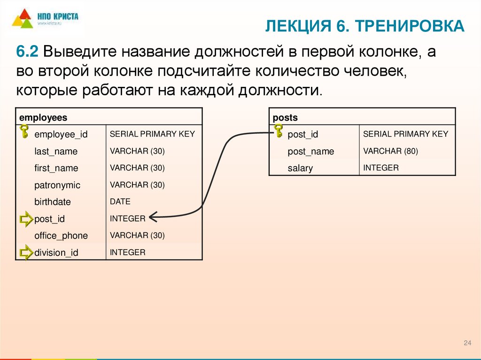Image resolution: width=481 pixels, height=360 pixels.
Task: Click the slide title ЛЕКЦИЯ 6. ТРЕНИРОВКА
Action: pyautogui.click(x=365, y=27)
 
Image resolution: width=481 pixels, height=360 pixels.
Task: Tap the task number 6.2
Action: pyautogui.click(x=28, y=52)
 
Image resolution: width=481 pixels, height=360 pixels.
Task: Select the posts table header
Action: pyautogui.click(x=286, y=117)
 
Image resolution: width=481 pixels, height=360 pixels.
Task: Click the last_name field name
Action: pyautogui.click(x=56, y=151)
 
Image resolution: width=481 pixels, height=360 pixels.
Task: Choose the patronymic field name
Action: pyautogui.click(x=57, y=185)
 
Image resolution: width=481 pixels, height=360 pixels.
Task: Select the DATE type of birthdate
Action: pyautogui.click(x=120, y=201)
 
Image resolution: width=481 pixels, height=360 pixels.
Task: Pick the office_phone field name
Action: pyautogui.click(x=61, y=236)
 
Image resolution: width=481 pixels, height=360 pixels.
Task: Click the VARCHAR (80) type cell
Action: pyautogui.click(x=390, y=151)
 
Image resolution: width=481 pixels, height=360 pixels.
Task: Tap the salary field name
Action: pyautogui.click(x=300, y=168)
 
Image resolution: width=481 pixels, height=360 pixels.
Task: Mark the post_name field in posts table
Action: pyautogui.click(x=310, y=151)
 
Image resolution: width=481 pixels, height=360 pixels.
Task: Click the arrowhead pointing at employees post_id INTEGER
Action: pyautogui.click(x=153, y=217)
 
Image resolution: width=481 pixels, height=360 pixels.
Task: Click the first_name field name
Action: pyautogui.click(x=56, y=168)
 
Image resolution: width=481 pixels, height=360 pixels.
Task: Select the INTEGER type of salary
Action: pyautogui.click(x=381, y=168)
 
